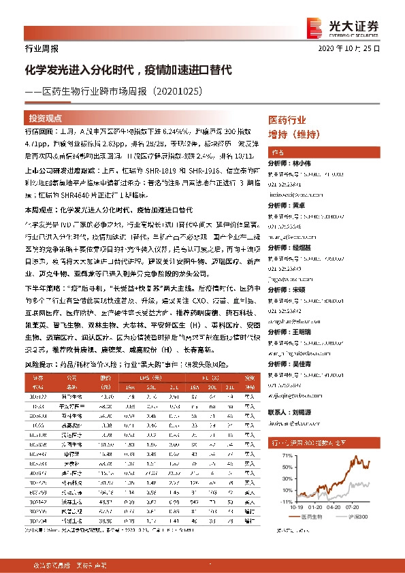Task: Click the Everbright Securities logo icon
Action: (314, 26)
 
